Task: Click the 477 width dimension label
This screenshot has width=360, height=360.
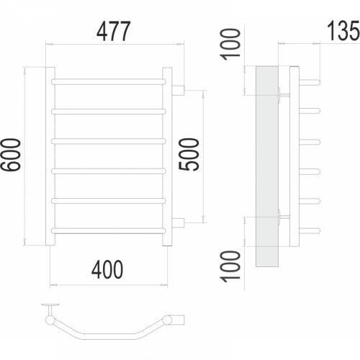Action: click(x=114, y=32)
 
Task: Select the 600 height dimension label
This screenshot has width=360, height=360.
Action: click(x=11, y=155)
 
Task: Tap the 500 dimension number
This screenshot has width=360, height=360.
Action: click(x=189, y=154)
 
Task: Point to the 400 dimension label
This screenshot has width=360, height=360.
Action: click(x=107, y=269)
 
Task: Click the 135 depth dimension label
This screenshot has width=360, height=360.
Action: click(x=343, y=30)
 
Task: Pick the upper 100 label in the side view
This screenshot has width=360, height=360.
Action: click(x=230, y=44)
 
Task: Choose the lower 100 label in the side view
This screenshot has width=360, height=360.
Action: click(x=230, y=266)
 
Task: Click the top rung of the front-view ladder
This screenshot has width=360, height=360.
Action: click(x=109, y=81)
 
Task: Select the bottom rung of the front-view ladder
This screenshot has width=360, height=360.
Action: click(x=109, y=230)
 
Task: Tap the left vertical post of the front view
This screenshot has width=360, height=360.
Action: click(x=50, y=156)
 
